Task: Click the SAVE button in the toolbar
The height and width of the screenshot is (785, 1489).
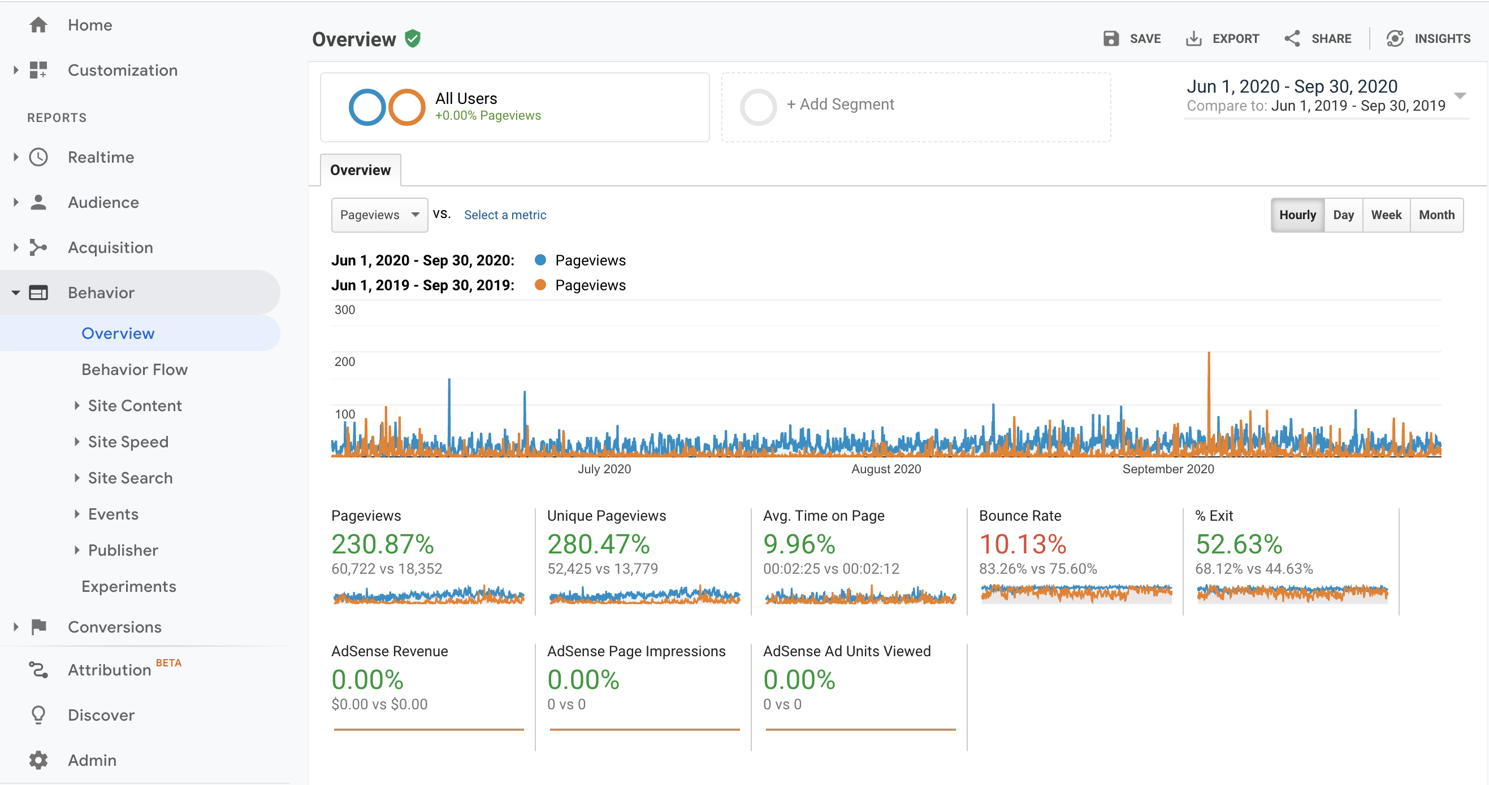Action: [x=1132, y=39]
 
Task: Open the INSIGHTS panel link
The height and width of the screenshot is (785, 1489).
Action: [x=1428, y=39]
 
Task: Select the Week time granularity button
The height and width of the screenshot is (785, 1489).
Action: [x=1386, y=215]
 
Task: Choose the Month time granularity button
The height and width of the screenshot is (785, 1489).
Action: [x=1436, y=215]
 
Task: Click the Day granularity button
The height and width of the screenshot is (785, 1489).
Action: [x=1343, y=215]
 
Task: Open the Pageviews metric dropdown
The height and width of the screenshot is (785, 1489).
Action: [x=379, y=215]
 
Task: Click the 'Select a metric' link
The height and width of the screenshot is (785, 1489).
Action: [x=505, y=215]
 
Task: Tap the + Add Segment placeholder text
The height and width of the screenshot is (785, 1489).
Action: [x=840, y=104]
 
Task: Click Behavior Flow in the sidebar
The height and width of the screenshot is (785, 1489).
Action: [x=135, y=370]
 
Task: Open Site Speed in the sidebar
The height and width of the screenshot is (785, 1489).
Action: [x=128, y=442]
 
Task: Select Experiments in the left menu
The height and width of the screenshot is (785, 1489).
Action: [x=129, y=586]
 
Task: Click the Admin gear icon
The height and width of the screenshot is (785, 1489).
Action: [x=38, y=760]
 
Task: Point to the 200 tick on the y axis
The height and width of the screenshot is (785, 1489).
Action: [x=344, y=361]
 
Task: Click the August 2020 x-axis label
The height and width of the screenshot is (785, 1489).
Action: [x=886, y=469]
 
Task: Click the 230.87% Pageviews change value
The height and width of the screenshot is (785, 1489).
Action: [x=383, y=544]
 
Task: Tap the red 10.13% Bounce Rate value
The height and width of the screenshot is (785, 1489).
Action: [x=1023, y=544]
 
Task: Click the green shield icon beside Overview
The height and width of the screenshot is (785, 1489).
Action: [x=413, y=39]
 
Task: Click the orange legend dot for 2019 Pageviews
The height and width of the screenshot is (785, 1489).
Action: [x=540, y=285]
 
